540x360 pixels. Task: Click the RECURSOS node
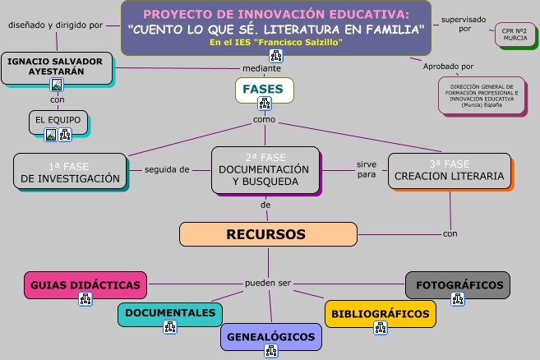pyautogui.click(x=265, y=235)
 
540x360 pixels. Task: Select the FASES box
pyautogui.click(x=264, y=88)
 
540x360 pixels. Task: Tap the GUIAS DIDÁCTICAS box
pyautogui.click(x=85, y=285)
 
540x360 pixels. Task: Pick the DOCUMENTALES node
pyautogui.click(x=170, y=313)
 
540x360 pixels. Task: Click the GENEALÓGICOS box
pyautogui.click(x=270, y=337)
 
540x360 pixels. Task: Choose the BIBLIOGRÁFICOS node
pyautogui.click(x=381, y=313)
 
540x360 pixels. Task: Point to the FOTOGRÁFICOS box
pyautogui.click(x=459, y=285)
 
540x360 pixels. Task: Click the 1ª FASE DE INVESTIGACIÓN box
pyautogui.click(x=70, y=172)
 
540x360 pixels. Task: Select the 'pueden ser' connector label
pyautogui.click(x=268, y=284)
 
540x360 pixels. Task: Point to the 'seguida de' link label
pyautogui.click(x=167, y=170)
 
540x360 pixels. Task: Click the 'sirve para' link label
pyautogui.click(x=367, y=168)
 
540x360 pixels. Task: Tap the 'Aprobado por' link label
pyautogui.click(x=448, y=66)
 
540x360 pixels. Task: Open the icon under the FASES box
pyautogui.click(x=265, y=104)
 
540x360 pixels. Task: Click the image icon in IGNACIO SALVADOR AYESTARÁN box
pyautogui.click(x=57, y=85)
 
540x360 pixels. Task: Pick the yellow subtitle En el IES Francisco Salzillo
pyautogui.click(x=276, y=42)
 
